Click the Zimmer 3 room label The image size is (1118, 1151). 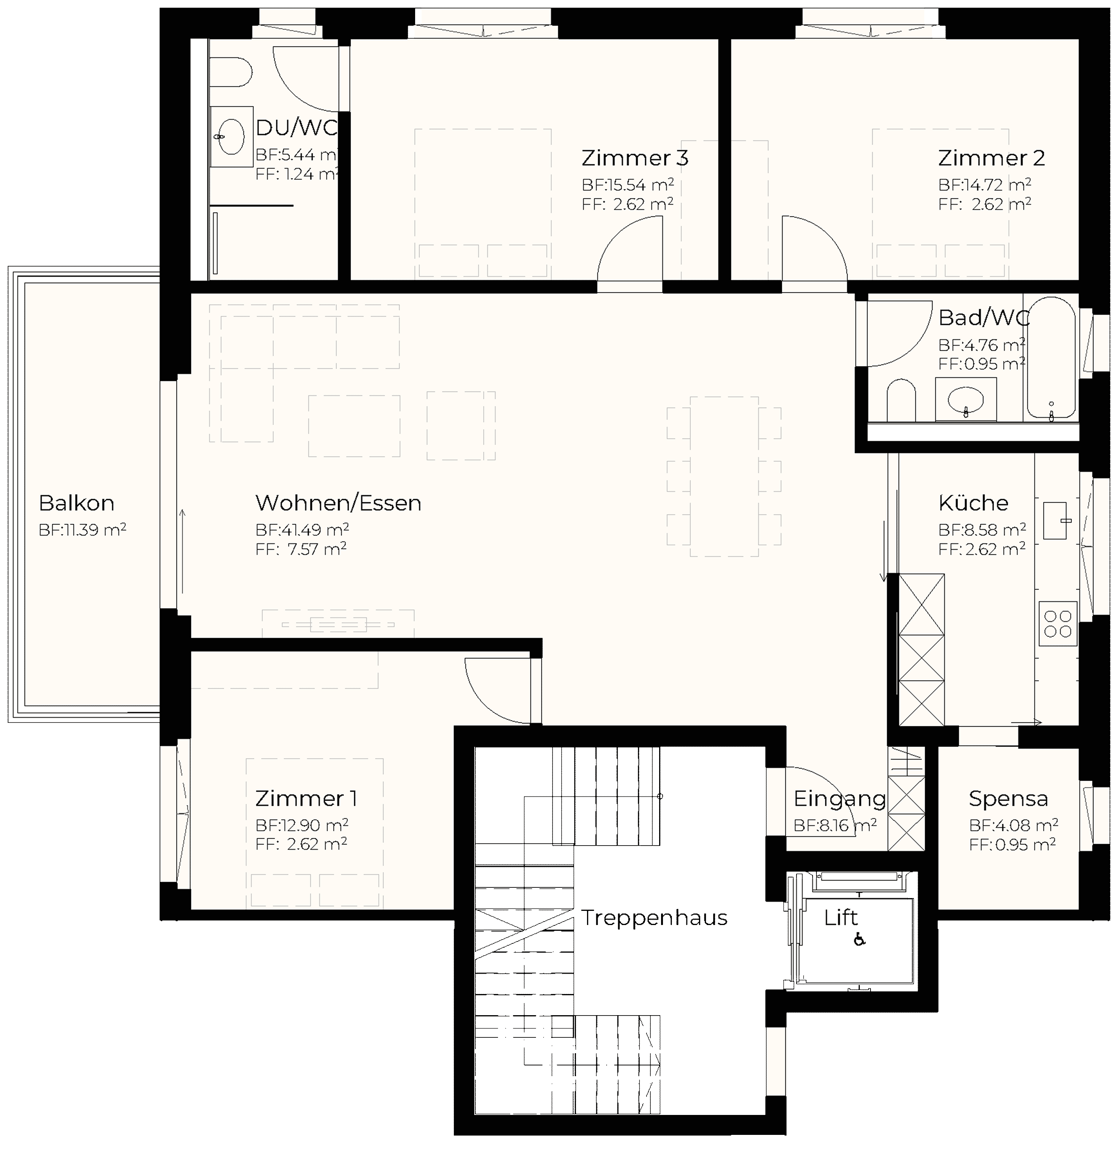635,158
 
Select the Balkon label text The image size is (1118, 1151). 76,503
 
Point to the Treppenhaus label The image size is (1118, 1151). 654,917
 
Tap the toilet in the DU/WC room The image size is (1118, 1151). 231,72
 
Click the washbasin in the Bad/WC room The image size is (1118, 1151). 966,400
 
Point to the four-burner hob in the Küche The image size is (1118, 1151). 1057,624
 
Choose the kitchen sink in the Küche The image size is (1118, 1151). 1055,520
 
